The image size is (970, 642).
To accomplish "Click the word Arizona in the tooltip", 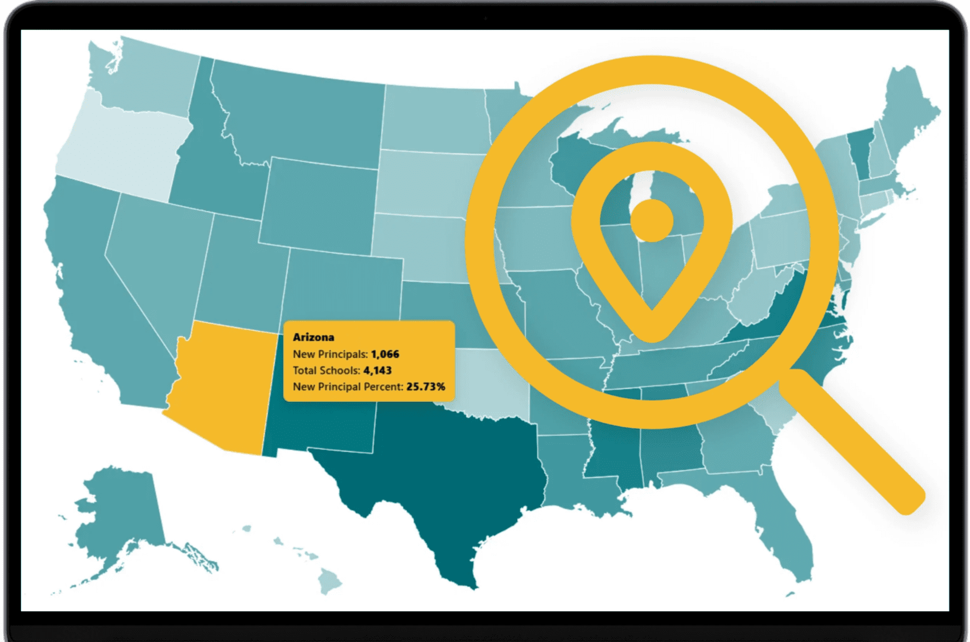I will tap(313, 337).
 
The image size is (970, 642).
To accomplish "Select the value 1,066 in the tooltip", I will tap(385, 354).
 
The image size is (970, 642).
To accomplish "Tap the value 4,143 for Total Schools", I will tap(377, 371).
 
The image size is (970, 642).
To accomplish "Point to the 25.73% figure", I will tap(426, 387).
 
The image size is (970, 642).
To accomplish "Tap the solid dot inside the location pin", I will tap(651, 220).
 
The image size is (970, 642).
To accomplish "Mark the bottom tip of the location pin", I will tap(652, 334).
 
